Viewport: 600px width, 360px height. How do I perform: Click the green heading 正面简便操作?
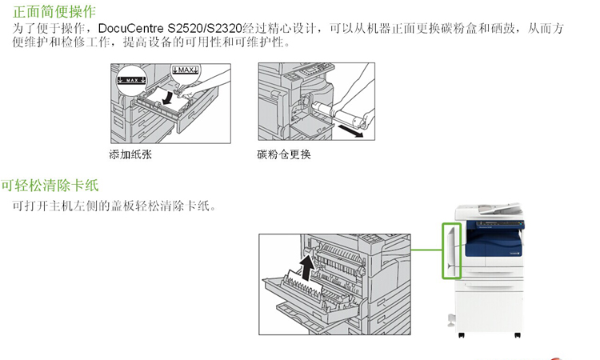54,11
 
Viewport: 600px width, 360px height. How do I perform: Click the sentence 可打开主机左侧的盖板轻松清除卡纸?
114,206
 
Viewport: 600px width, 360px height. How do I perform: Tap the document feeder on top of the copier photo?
490,212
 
